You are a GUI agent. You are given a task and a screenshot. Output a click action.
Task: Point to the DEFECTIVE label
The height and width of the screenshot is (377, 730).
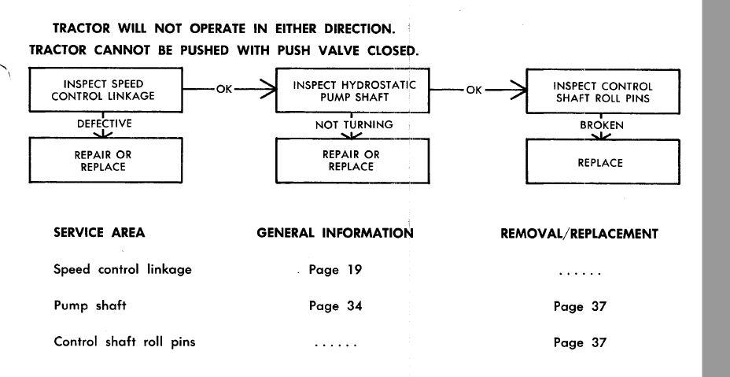click(x=105, y=124)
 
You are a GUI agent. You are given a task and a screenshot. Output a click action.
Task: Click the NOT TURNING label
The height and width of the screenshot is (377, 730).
click(x=354, y=125)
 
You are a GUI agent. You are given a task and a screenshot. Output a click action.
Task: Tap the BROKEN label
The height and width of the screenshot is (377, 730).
click(x=602, y=126)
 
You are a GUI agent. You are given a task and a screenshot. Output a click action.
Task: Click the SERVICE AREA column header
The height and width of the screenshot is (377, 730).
click(x=99, y=232)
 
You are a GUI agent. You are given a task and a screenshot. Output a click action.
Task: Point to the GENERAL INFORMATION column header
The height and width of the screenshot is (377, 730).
click(x=335, y=232)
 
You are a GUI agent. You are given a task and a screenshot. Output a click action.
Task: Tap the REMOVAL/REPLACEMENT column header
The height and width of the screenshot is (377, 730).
click(x=579, y=234)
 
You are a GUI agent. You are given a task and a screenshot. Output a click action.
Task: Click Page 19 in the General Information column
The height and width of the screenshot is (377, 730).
click(x=335, y=270)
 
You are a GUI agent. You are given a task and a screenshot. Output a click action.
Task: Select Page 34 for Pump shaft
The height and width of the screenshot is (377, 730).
click(x=335, y=306)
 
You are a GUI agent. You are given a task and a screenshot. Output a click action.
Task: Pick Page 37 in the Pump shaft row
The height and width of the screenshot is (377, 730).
click(x=580, y=307)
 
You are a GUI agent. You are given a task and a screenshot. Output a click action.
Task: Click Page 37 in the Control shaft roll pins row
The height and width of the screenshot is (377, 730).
click(x=580, y=343)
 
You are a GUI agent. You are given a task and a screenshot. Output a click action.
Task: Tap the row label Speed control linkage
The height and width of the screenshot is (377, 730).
click(x=123, y=269)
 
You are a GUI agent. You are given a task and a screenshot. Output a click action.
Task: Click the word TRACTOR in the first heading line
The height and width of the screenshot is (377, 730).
click(x=82, y=28)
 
